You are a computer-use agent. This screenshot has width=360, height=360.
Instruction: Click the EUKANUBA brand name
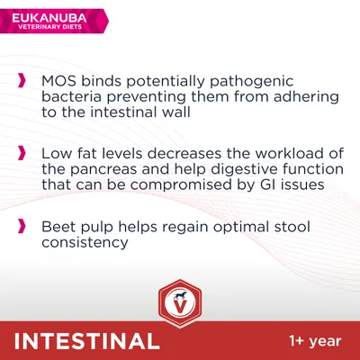(x=48, y=13)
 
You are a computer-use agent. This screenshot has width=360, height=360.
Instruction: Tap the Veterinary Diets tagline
(x=48, y=25)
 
